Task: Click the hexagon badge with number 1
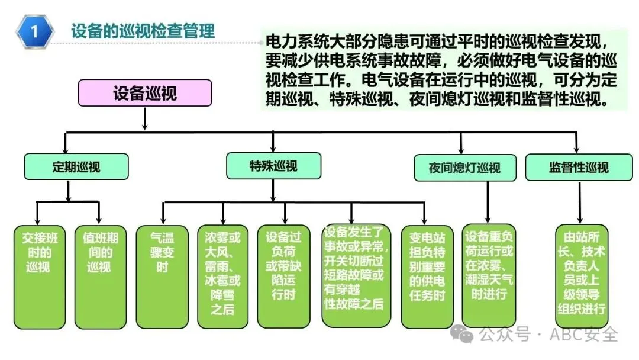click(x=35, y=31)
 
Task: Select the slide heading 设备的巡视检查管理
click(x=143, y=30)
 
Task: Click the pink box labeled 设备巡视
click(x=144, y=94)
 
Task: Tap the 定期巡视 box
click(x=67, y=166)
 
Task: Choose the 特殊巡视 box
click(x=273, y=166)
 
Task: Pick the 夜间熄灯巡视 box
click(x=464, y=167)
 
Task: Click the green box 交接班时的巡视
click(x=38, y=275)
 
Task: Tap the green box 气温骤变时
click(x=159, y=275)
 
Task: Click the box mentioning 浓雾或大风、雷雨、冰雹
click(x=222, y=275)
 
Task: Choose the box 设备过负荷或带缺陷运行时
click(x=283, y=275)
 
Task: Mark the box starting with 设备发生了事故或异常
click(x=355, y=275)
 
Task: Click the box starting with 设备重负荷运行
click(x=489, y=275)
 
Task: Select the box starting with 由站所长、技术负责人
click(x=581, y=275)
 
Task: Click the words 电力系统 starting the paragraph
click(x=289, y=43)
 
